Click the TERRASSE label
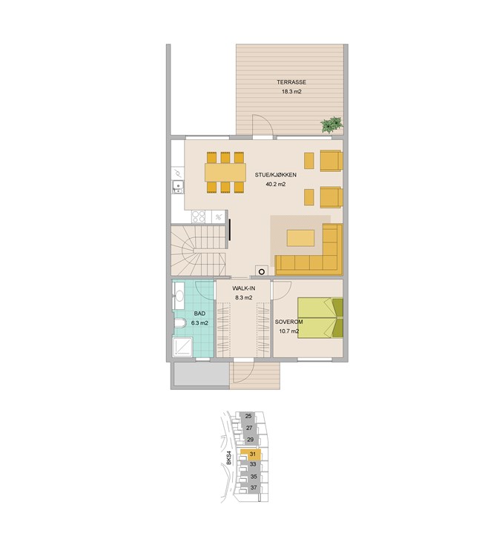coord(291,82)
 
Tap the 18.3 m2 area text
coord(291,91)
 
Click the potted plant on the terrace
coord(332,125)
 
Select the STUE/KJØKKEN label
coord(276,175)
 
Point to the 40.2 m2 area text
coord(276,185)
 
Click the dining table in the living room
coord(225,172)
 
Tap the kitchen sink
coord(178,187)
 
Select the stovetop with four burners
coord(199,216)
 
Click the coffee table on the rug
coord(300,238)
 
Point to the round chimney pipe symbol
coord(262,272)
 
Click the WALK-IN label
coord(244,288)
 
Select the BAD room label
coord(199,314)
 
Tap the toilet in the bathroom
coord(180,323)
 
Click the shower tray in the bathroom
coord(182,347)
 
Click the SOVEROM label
coord(288,322)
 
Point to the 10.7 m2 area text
coord(288,332)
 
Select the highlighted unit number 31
coord(253,454)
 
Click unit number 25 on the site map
coord(248,417)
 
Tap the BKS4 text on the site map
coord(229,458)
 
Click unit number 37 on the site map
coord(254,488)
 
